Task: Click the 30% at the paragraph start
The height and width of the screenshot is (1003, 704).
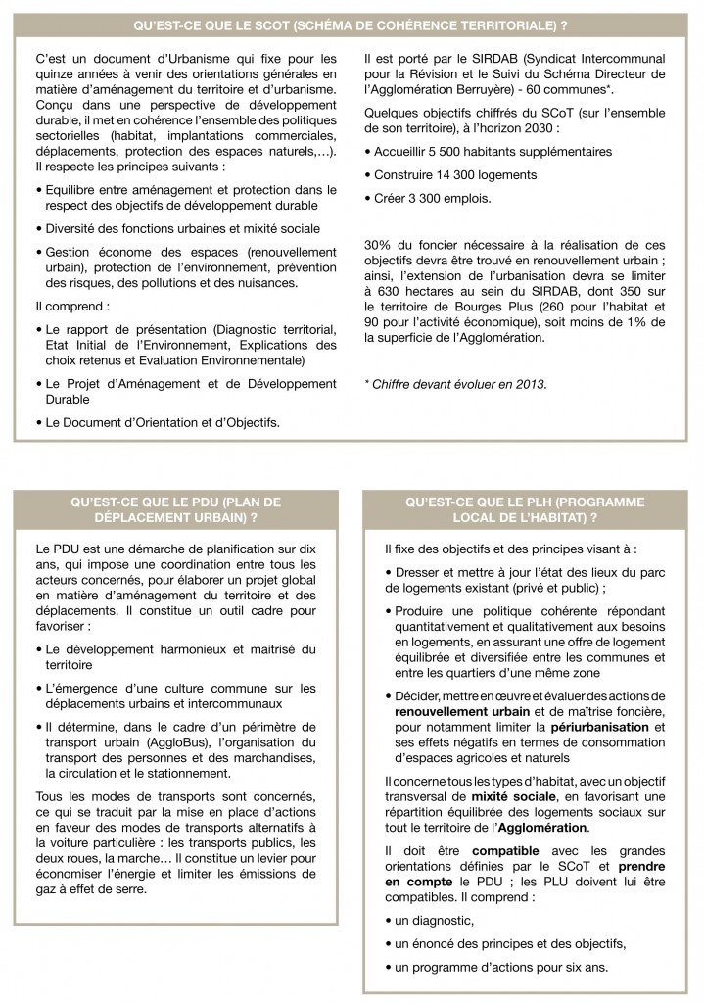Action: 379,244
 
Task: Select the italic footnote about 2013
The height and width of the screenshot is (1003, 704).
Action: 455,384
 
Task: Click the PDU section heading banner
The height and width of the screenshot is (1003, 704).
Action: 176,509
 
